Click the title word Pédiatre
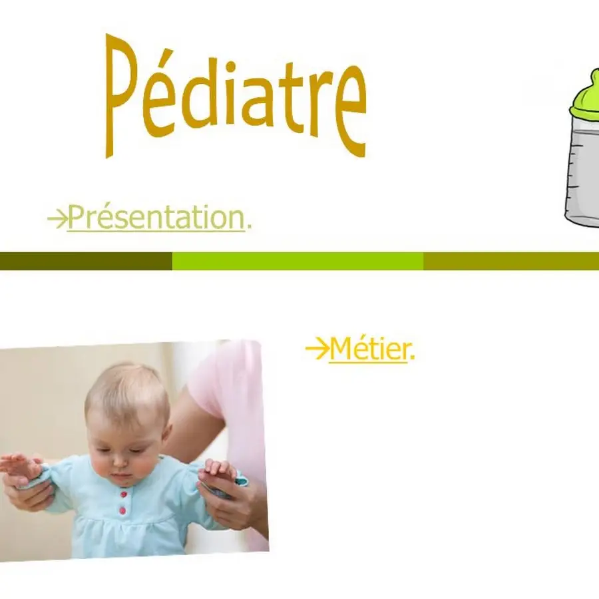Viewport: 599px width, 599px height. click(x=236, y=95)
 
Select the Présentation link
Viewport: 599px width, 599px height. click(x=156, y=217)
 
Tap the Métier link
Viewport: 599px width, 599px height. click(x=368, y=348)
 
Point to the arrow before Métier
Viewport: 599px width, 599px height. click(x=317, y=348)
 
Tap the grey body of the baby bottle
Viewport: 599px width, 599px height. click(x=583, y=176)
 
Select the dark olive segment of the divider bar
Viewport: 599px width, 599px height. click(x=86, y=261)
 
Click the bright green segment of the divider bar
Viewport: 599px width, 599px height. click(x=298, y=261)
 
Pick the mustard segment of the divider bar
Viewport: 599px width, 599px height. click(x=511, y=261)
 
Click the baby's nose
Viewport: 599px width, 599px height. click(x=120, y=462)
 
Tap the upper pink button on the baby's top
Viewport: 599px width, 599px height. click(x=123, y=495)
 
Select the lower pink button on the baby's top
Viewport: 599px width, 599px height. click(x=122, y=510)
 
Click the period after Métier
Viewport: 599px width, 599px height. click(x=412, y=358)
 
